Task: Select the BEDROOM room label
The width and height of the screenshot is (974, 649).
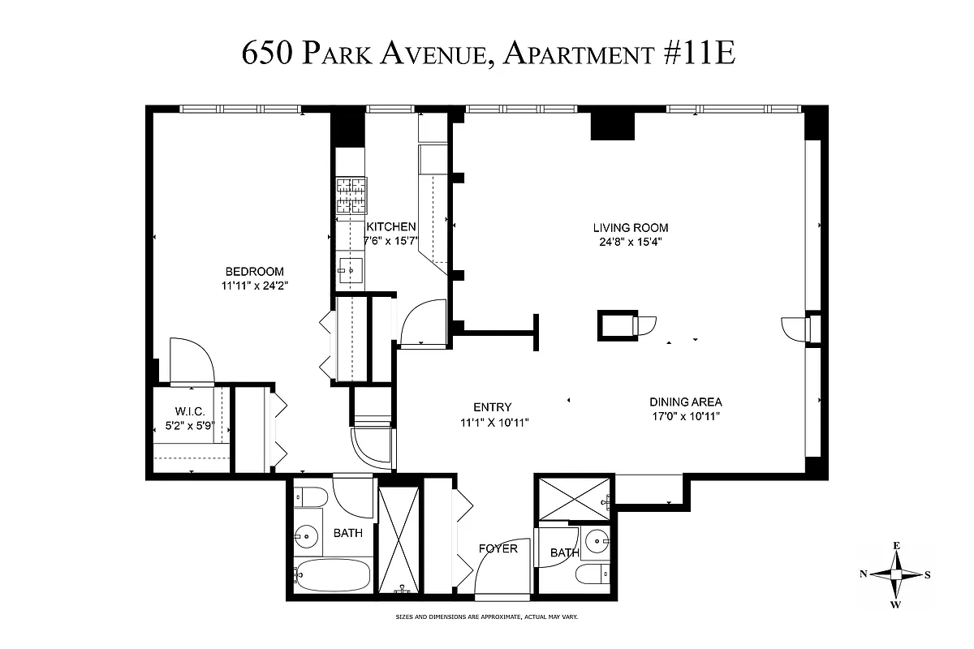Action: click(x=254, y=271)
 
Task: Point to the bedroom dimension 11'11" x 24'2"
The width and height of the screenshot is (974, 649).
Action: click(x=254, y=285)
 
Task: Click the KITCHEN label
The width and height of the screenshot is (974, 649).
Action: click(x=391, y=227)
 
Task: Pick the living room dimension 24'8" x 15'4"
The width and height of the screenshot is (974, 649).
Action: click(x=630, y=241)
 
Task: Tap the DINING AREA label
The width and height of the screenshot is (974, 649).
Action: click(x=685, y=402)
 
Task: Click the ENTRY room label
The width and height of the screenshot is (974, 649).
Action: click(x=493, y=407)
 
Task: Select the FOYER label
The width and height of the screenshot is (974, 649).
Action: click(x=498, y=549)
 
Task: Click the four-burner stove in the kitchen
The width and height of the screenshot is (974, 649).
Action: click(x=351, y=197)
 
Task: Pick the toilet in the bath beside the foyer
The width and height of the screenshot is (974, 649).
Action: click(x=591, y=574)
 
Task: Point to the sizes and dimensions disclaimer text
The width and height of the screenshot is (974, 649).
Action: click(x=486, y=617)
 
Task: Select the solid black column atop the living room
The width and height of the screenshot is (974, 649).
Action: click(x=613, y=123)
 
